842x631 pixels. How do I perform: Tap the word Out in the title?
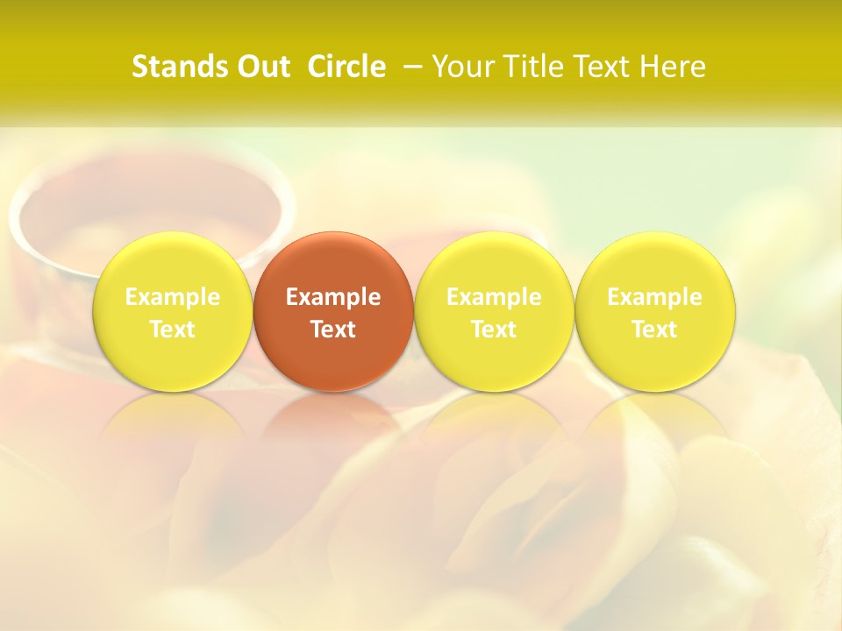point(263,67)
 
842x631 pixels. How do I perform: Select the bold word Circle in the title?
point(346,67)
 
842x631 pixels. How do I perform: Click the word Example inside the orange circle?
point(333,297)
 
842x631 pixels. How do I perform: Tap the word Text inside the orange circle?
point(333,330)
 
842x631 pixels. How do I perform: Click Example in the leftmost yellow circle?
point(173,297)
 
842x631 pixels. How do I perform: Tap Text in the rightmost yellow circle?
point(655,330)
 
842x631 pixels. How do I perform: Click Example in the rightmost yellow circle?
point(655,297)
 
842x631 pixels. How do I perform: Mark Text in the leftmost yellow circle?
point(173,330)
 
